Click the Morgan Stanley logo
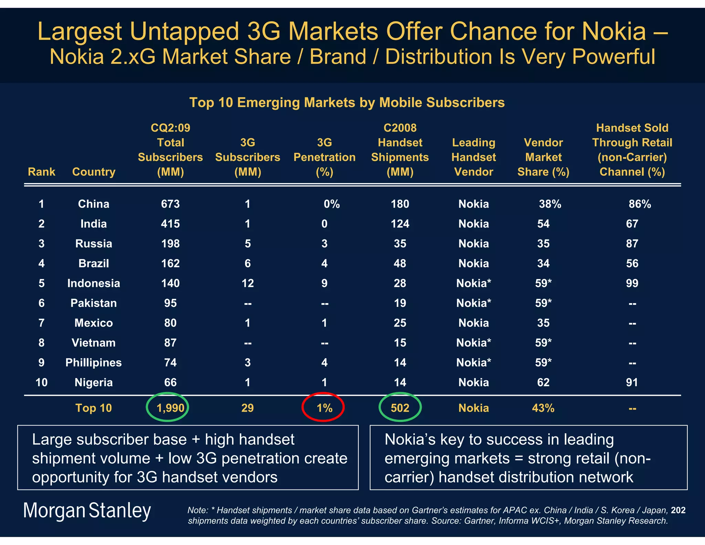pos(87,511)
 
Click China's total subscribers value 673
pos(170,204)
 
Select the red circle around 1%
pos(323,407)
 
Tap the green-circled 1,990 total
pos(168,407)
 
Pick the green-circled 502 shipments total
pos(400,407)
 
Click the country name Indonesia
pos(94,283)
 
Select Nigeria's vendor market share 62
pos(543,382)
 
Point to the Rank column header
pos(41,172)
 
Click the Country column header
pos(94,172)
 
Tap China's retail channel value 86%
pos(640,204)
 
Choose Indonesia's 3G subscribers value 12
pos(248,283)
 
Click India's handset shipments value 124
pos(400,224)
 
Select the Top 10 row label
pos(94,408)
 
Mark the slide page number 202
pos(678,510)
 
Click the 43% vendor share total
pos(543,408)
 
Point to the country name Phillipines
pos(94,362)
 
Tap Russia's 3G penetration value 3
pos(324,244)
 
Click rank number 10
pos(41,382)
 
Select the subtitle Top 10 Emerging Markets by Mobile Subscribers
pos(347,103)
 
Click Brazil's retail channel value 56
pos(632,264)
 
